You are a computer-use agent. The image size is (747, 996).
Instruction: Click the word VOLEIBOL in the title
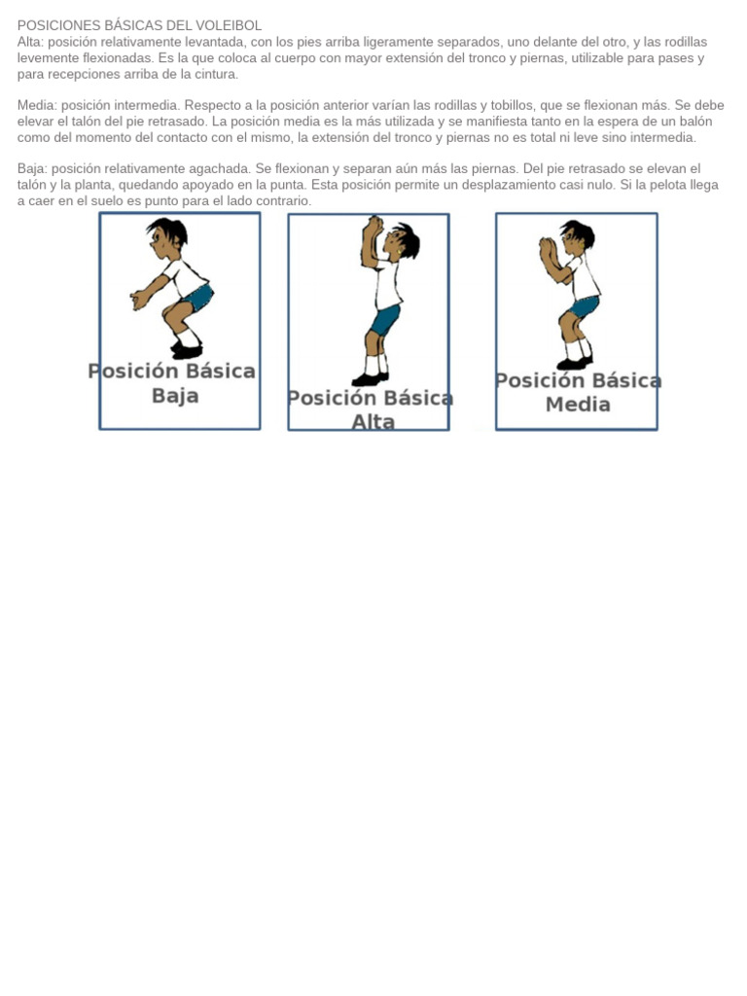pyautogui.click(x=229, y=25)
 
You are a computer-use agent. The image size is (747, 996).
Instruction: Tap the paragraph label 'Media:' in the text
pyautogui.click(x=37, y=105)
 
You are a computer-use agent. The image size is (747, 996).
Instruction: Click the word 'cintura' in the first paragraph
pyautogui.click(x=214, y=74)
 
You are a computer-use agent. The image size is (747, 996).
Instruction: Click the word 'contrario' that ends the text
pyautogui.click(x=281, y=200)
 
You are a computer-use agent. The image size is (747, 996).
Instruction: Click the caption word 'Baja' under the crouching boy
pyautogui.click(x=175, y=396)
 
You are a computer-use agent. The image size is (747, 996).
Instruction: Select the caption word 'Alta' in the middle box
pyautogui.click(x=373, y=422)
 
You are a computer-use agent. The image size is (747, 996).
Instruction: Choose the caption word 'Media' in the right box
pyautogui.click(x=578, y=405)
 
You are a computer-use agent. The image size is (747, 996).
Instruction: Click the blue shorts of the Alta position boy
pyautogui.click(x=384, y=319)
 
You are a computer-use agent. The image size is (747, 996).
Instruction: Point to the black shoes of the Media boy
pyautogui.click(x=574, y=363)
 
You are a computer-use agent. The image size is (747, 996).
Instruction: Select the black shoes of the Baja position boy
pyautogui.click(x=186, y=349)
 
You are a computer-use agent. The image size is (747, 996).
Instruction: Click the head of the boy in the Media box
pyautogui.click(x=577, y=237)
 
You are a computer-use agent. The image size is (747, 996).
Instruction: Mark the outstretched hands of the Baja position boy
pyautogui.click(x=138, y=301)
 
